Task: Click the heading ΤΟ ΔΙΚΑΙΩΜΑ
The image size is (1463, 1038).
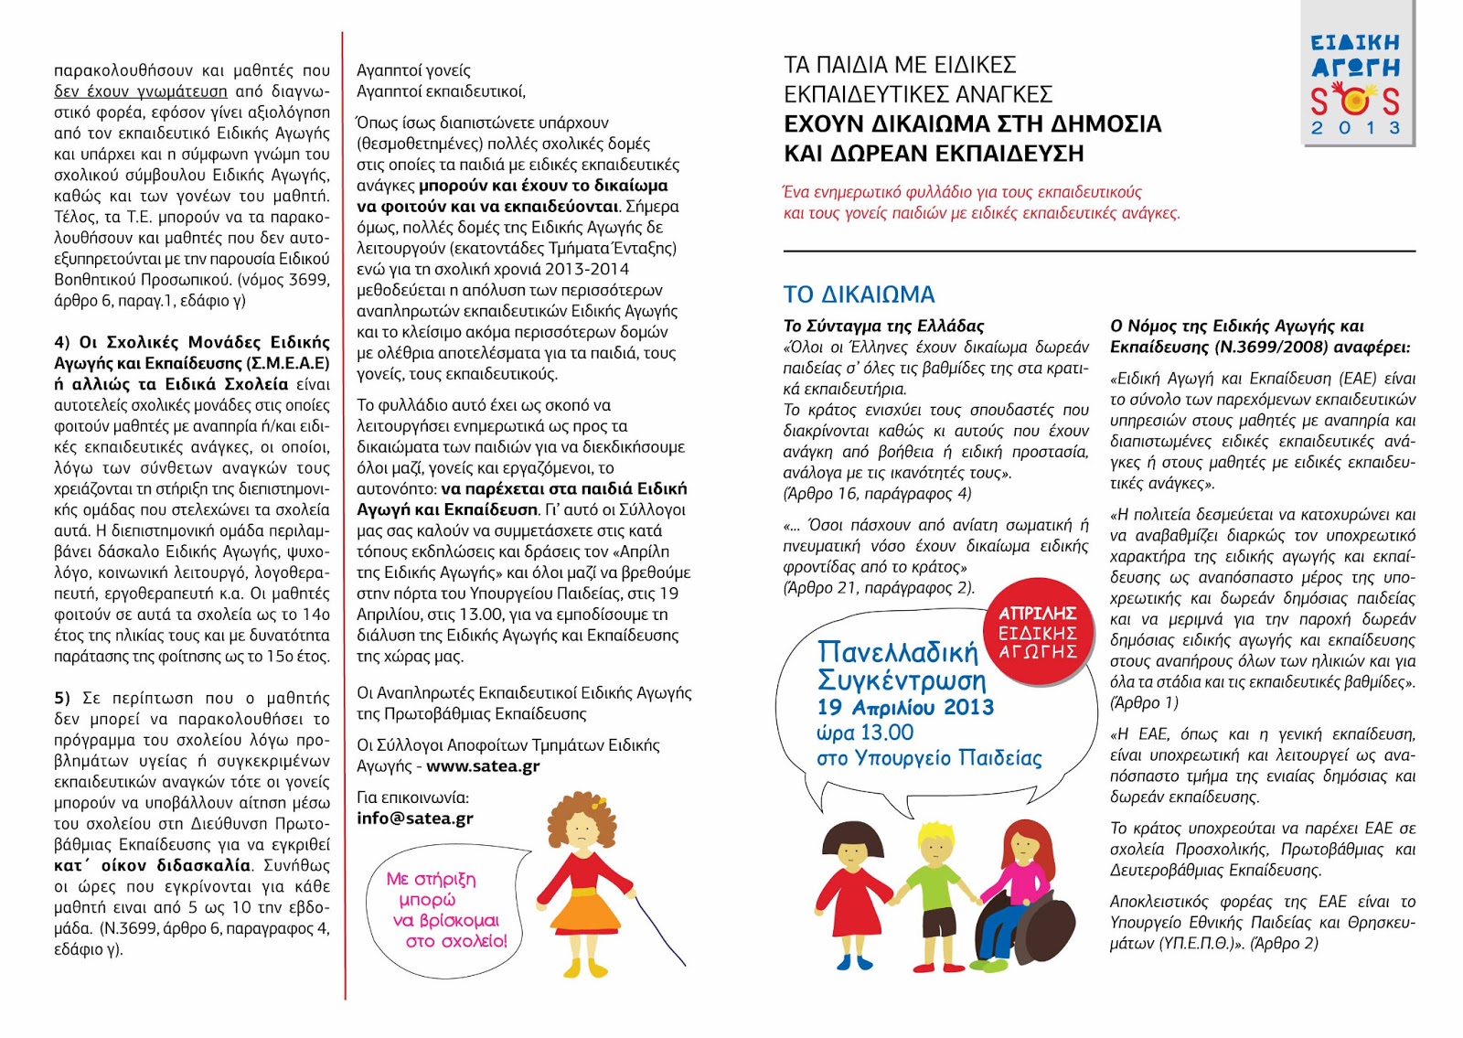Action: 859,294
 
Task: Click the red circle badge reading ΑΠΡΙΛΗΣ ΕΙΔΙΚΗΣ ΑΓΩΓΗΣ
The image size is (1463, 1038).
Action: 1037,632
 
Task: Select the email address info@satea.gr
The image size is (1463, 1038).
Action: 415,819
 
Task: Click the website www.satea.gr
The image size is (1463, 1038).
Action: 483,766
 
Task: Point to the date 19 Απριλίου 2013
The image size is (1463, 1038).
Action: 905,707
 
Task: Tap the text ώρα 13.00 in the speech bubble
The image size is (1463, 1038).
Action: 865,733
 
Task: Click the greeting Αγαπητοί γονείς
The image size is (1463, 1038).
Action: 413,70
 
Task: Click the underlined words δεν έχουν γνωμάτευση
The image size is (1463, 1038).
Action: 140,91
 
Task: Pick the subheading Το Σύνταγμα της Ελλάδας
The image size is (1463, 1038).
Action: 883,326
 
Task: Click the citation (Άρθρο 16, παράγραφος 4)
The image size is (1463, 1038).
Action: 877,494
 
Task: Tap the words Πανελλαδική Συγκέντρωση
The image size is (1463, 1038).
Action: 901,666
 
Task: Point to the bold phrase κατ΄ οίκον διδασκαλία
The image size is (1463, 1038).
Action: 152,865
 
